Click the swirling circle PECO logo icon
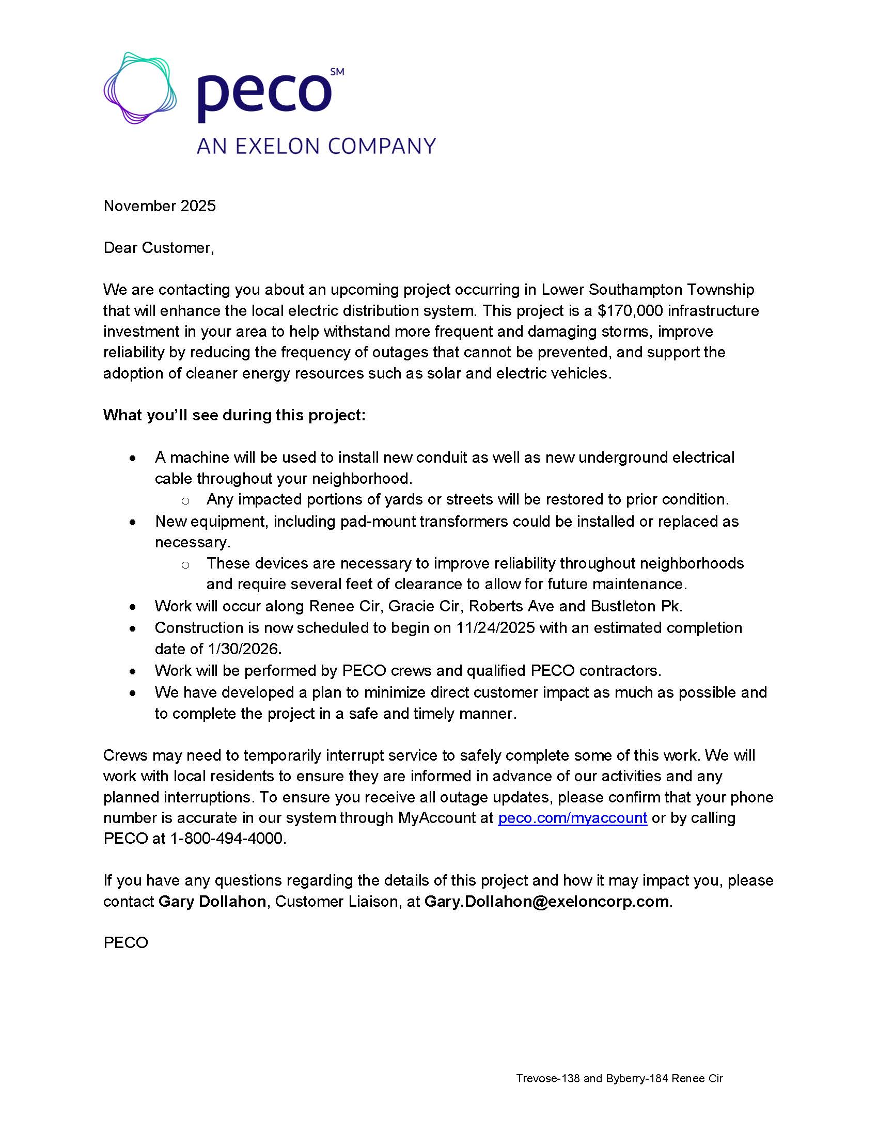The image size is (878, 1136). (x=140, y=88)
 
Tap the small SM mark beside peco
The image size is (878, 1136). (x=337, y=72)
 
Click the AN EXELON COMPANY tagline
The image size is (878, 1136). (x=316, y=146)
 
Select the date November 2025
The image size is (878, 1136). (x=160, y=206)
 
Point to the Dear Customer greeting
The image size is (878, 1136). (x=159, y=247)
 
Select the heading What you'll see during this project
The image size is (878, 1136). (x=234, y=415)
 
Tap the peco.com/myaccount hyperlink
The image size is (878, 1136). (x=572, y=818)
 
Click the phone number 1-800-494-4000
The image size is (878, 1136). (x=227, y=839)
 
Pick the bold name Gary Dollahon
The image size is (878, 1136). (x=212, y=902)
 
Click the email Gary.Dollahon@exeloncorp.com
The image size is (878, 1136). (x=546, y=902)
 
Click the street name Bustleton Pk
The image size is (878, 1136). (x=636, y=606)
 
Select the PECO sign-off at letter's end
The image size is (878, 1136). (x=126, y=943)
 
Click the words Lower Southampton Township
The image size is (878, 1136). (x=648, y=289)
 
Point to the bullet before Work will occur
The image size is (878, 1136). (x=134, y=607)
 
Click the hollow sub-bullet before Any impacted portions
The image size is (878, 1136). (x=185, y=500)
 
